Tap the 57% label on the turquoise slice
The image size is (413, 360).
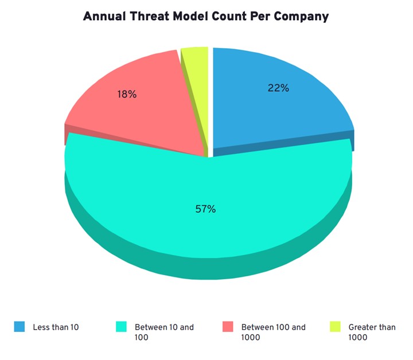pyautogui.click(x=205, y=209)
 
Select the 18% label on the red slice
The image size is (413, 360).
pyautogui.click(x=127, y=94)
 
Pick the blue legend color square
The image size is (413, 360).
pyautogui.click(x=20, y=327)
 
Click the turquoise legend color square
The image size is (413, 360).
pyautogui.click(x=121, y=327)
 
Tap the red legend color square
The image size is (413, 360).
pyautogui.click(x=228, y=327)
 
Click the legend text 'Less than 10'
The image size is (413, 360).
pyautogui.click(x=56, y=327)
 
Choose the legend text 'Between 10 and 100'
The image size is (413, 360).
pyautogui.click(x=164, y=332)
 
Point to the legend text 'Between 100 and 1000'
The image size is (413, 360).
pyautogui.click(x=273, y=332)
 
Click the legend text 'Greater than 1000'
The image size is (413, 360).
pyautogui.click(x=372, y=332)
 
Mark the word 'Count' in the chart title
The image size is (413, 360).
pyautogui.click(x=227, y=16)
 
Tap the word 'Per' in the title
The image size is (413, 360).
pyautogui.click(x=259, y=16)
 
